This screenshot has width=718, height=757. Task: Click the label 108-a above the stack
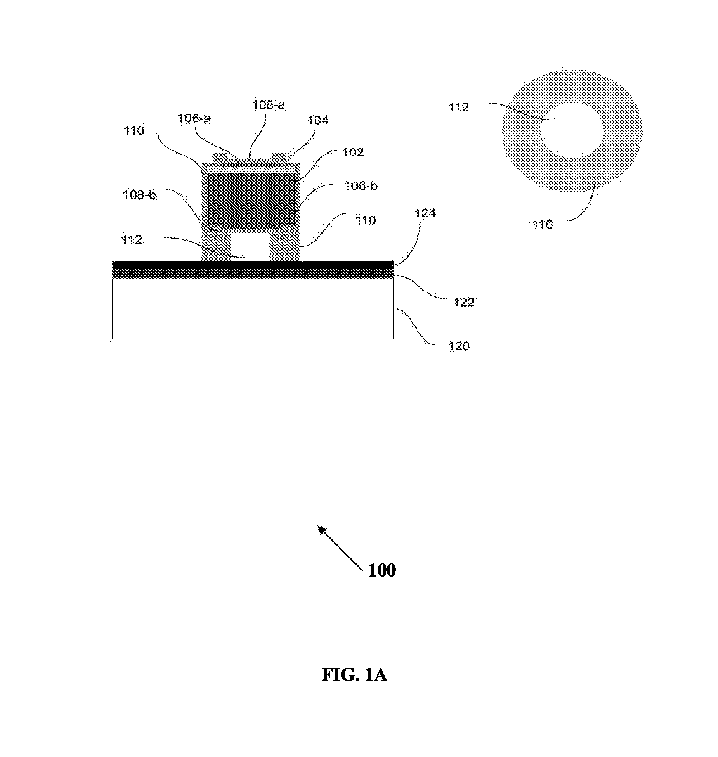[x=269, y=105]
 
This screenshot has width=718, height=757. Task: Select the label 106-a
[x=194, y=119]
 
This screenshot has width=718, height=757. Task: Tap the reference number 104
[x=318, y=120]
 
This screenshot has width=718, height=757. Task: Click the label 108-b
[x=139, y=194]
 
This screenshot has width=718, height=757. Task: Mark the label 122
[x=464, y=303]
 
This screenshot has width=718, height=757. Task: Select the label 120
[x=459, y=345]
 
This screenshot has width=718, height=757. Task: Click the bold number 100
[x=382, y=570]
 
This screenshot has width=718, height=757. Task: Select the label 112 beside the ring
[x=459, y=108]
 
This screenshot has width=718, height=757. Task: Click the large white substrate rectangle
[x=253, y=309]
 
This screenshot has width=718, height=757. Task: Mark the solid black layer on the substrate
[x=253, y=264]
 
